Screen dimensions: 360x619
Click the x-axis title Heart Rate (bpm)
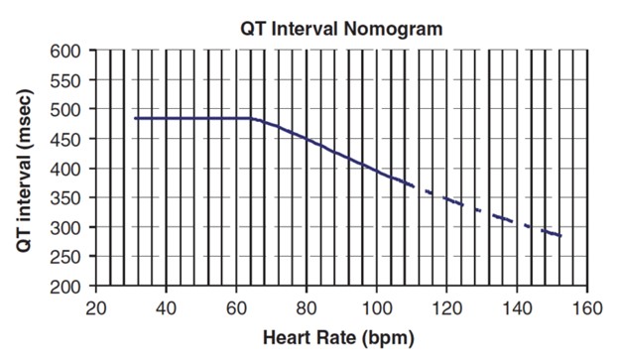pos(338,337)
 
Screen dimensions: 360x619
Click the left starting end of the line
pos(135,119)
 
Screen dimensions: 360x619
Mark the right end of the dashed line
pos(561,236)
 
